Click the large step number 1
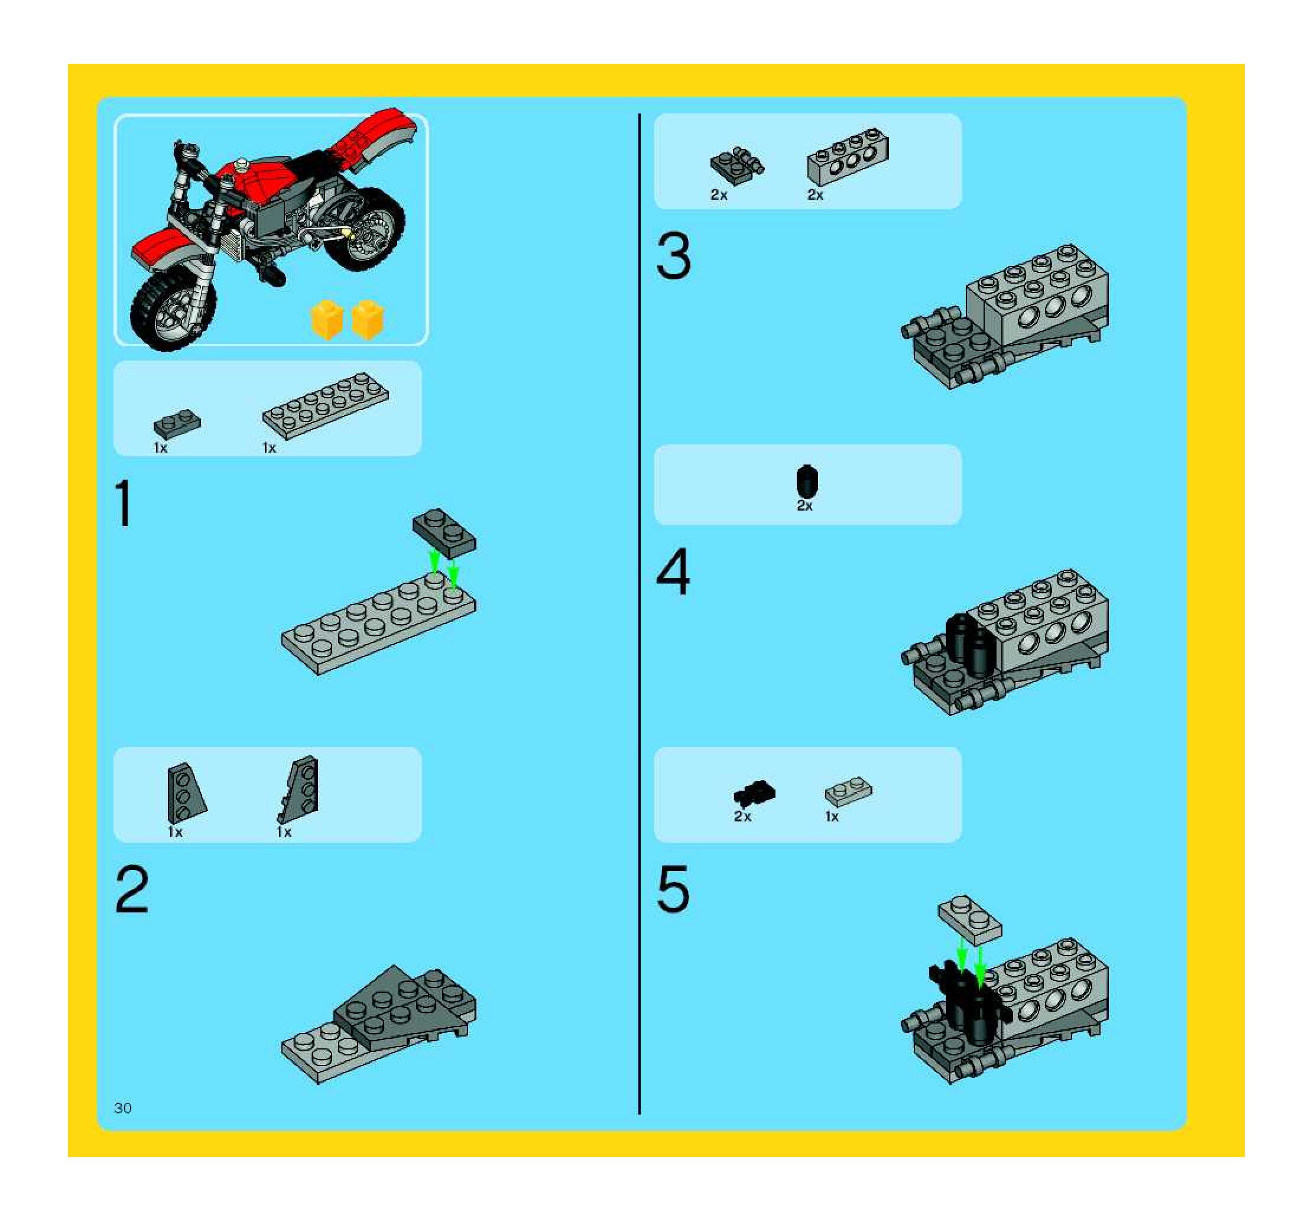124,503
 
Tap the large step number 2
132,889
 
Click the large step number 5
673,889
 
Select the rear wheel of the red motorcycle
365,229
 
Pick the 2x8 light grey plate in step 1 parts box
325,405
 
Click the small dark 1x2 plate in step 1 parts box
177,424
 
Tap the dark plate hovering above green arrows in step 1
444,533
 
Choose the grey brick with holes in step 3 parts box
848,157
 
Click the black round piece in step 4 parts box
806,481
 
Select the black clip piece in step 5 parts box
754,794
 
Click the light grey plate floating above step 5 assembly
969,920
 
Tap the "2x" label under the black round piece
804,506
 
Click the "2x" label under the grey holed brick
815,194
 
